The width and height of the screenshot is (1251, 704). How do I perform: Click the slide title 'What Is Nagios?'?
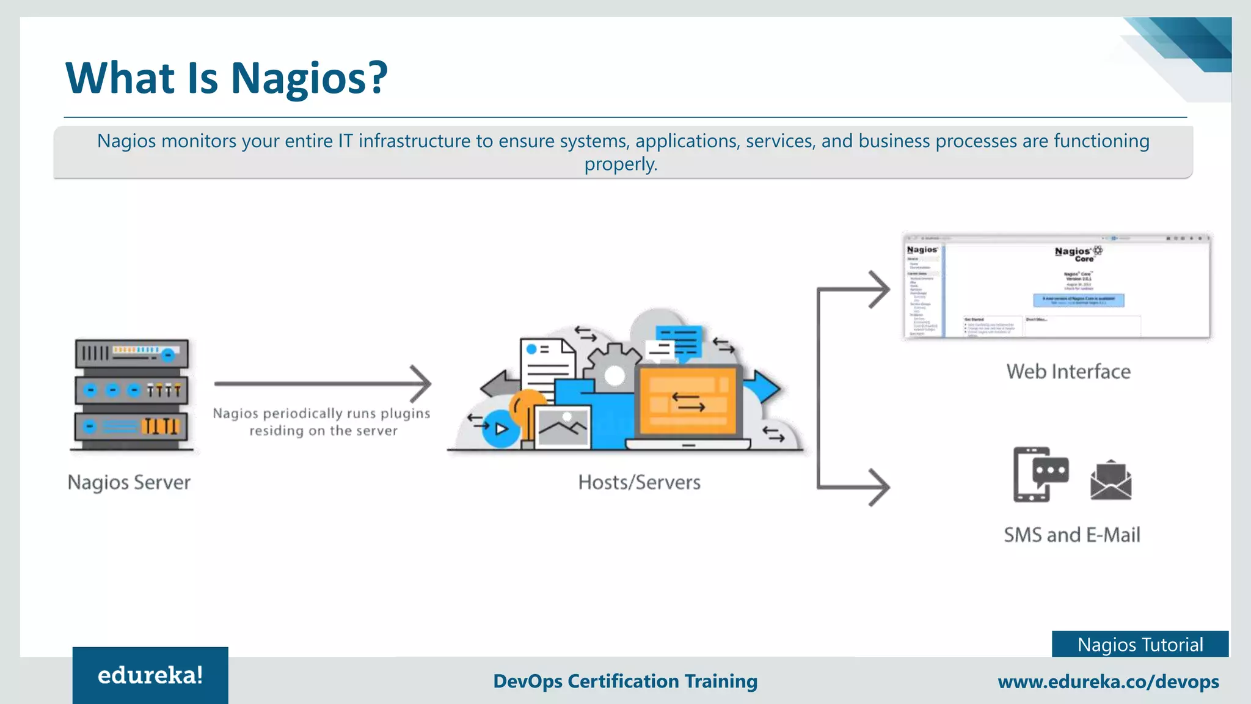click(x=226, y=78)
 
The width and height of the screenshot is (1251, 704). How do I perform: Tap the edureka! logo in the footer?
click(x=150, y=675)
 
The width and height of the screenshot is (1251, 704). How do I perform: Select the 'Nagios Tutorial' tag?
click(x=1140, y=644)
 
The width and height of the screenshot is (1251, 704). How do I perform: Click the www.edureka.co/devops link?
click(x=1108, y=681)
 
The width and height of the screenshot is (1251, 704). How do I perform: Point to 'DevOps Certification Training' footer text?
click(x=625, y=681)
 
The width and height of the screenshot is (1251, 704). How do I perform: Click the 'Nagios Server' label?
click(x=129, y=482)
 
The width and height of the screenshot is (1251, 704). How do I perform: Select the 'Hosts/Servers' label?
click(x=639, y=482)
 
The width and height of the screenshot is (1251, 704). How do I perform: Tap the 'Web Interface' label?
click(x=1068, y=372)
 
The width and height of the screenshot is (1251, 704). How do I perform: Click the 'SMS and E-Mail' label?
click(x=1072, y=535)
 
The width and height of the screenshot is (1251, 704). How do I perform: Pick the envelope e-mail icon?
click(x=1111, y=481)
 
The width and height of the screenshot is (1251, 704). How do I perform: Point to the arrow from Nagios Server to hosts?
click(x=323, y=384)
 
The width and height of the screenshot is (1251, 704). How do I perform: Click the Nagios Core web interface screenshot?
click(x=1056, y=285)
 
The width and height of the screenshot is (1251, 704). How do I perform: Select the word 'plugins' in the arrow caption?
click(x=406, y=414)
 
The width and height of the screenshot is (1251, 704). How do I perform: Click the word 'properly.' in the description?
click(x=621, y=164)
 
